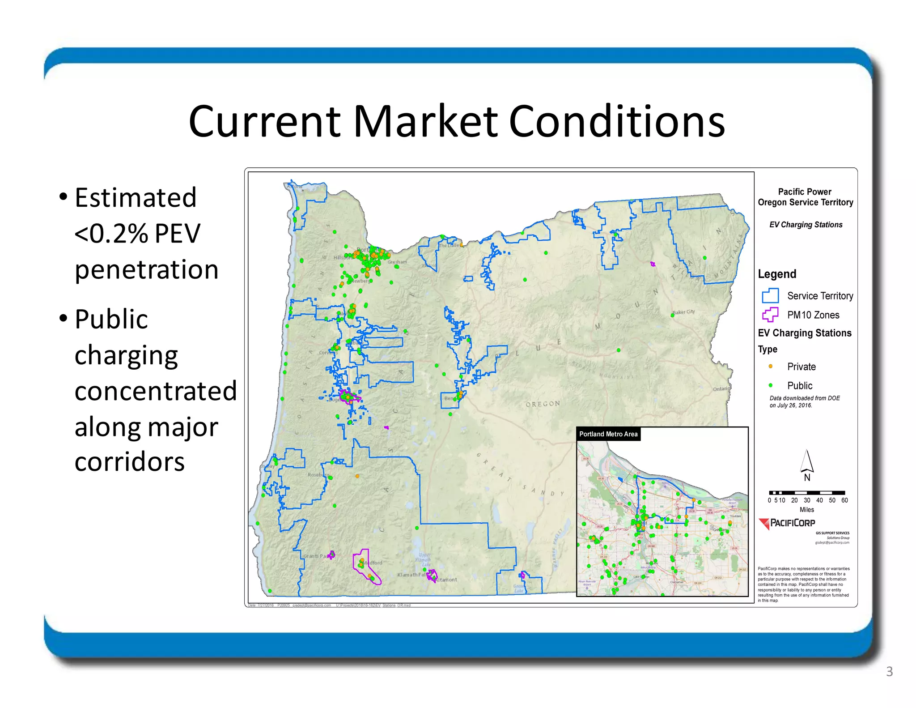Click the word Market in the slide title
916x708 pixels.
click(425, 122)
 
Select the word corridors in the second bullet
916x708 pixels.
click(130, 462)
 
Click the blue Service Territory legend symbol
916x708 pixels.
click(770, 296)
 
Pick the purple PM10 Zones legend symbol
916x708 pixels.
click(770, 315)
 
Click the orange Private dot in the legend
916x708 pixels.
click(770, 367)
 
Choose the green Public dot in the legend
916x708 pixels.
click(770, 385)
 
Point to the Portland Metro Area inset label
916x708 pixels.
click(608, 434)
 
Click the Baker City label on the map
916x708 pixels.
click(684, 312)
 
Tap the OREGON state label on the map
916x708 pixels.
click(543, 404)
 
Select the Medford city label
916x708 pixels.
click(373, 563)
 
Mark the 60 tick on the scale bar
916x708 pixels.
click(844, 500)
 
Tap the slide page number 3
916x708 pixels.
click(889, 671)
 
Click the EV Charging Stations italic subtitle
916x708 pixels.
click(806, 225)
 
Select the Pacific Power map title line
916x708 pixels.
click(805, 192)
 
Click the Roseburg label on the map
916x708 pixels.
click(318, 474)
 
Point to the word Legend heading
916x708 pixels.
click(777, 274)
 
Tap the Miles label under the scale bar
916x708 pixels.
click(806, 510)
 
